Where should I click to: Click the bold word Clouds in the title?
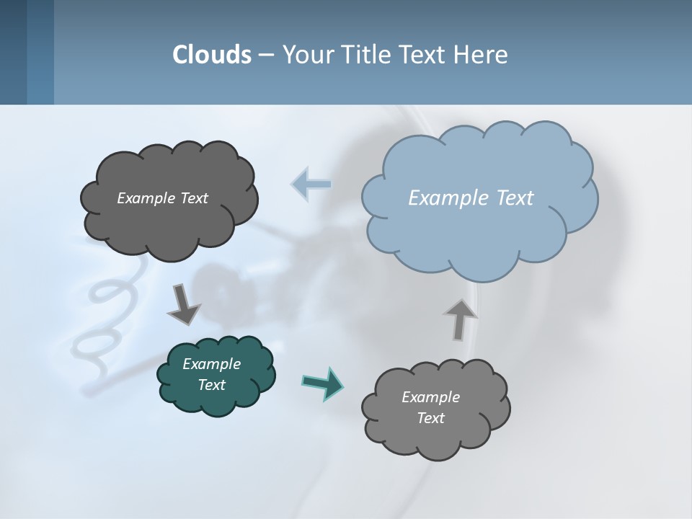point(212,55)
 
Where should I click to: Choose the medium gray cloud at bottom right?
point(436,432)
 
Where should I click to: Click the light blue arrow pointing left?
point(311,184)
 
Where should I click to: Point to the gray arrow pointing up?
point(460,319)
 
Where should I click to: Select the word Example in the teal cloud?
point(211,364)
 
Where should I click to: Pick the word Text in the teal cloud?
point(211,385)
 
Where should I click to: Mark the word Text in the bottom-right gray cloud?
point(430,418)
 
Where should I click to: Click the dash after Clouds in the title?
point(265,55)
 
